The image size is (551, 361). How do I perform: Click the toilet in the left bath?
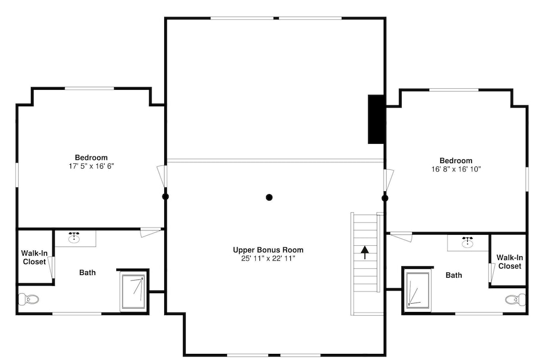[28, 299]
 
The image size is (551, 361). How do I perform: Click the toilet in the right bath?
[516, 299]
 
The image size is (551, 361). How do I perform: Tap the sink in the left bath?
[74, 238]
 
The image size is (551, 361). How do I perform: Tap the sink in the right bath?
[467, 242]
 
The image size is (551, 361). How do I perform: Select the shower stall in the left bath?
[133, 292]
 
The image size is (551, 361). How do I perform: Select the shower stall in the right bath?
[418, 290]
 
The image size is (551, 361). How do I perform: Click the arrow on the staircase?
[365, 252]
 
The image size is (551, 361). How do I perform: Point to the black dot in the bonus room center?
[269, 197]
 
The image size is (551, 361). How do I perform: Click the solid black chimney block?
[376, 119]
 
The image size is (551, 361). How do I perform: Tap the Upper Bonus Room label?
[268, 250]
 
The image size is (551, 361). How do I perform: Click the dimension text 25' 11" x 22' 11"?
[268, 258]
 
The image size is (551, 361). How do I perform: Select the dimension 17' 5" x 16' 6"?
[91, 166]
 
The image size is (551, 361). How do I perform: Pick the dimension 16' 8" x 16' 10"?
[456, 169]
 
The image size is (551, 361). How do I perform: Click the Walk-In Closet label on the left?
[34, 257]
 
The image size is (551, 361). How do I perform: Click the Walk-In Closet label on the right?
[510, 262]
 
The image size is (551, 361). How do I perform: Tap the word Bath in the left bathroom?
[88, 272]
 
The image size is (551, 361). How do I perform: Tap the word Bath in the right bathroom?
[453, 275]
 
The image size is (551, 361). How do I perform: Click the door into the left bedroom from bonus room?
[162, 176]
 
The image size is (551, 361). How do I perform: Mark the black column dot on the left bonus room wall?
[165, 197]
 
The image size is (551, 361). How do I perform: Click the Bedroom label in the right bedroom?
[456, 160]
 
